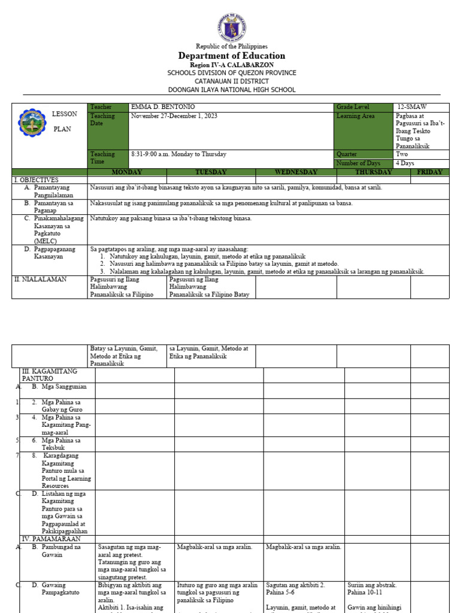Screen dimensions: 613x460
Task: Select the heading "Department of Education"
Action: click(231, 56)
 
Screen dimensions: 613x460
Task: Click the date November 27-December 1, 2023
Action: click(174, 116)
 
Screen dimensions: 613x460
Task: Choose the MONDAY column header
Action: click(127, 172)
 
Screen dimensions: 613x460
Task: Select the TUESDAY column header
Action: click(211, 172)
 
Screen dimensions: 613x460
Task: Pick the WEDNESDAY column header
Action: click(295, 172)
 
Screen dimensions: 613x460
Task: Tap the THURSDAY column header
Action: click(373, 172)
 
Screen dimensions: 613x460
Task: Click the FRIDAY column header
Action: click(429, 172)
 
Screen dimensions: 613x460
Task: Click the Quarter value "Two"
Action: click(402, 154)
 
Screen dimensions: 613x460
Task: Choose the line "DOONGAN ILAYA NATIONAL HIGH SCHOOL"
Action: click(231, 90)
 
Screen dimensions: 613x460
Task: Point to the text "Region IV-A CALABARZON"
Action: click(231, 65)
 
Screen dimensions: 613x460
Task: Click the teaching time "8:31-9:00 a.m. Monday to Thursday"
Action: click(178, 154)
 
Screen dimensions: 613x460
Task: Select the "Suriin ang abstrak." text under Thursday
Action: click(372, 585)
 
